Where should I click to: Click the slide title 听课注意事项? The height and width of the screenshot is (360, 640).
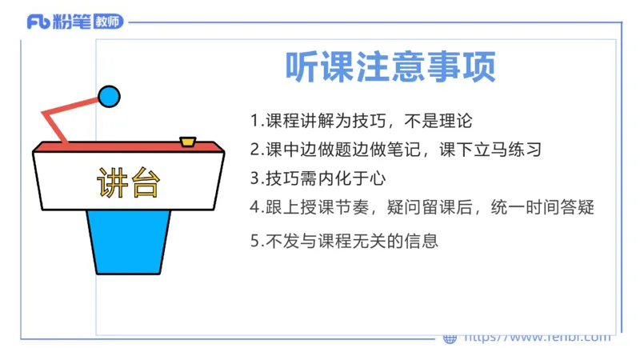pyautogui.click(x=390, y=66)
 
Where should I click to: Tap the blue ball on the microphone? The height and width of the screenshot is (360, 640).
pyautogui.click(x=109, y=97)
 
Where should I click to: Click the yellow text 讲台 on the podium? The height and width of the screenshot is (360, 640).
pyautogui.click(x=129, y=183)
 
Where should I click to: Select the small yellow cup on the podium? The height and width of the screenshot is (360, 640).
pyautogui.click(x=188, y=142)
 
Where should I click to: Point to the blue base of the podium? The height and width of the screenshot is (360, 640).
pyautogui.click(x=129, y=240)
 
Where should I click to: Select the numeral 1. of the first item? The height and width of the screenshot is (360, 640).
pyautogui.click(x=255, y=122)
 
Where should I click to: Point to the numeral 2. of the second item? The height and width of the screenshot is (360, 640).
pyautogui.click(x=255, y=150)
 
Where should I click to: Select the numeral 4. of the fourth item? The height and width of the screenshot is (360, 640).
pyautogui.click(x=255, y=206)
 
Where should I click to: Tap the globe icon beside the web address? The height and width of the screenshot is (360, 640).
pyautogui.click(x=450, y=338)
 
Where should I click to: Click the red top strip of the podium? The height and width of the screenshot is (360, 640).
pyautogui.click(x=128, y=147)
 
